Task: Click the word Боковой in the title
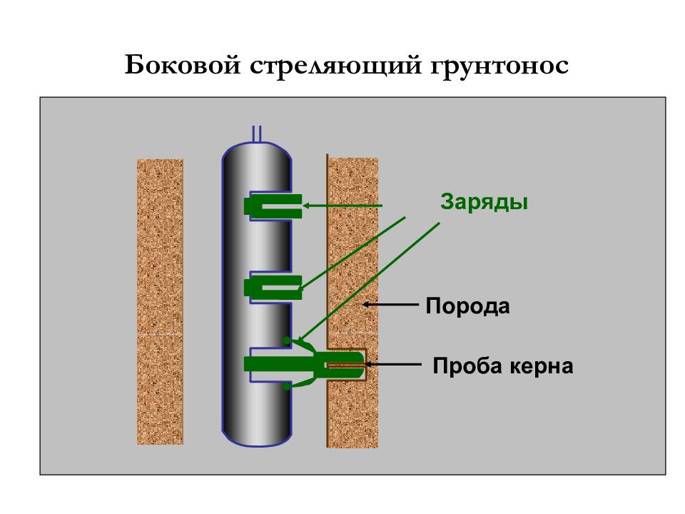(x=183, y=65)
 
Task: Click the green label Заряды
(x=484, y=202)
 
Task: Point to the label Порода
(x=467, y=306)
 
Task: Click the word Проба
(x=467, y=366)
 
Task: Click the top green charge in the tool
(x=273, y=206)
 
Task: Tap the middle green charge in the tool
(x=273, y=287)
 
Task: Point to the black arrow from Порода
(x=391, y=304)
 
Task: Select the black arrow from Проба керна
(x=393, y=364)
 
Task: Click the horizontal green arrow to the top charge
(x=342, y=206)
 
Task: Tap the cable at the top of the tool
(x=257, y=133)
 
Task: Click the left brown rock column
(x=160, y=301)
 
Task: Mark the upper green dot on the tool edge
(x=287, y=340)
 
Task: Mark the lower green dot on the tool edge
(x=287, y=386)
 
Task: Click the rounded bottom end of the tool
(x=257, y=438)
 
